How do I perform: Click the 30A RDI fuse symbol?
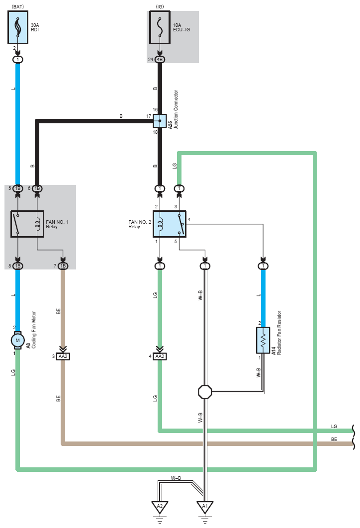[x=18, y=27]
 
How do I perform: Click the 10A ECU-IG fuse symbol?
[x=160, y=27]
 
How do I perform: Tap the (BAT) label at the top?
[x=18, y=7]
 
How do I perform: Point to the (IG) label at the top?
[x=160, y=7]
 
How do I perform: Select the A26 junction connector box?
[x=160, y=121]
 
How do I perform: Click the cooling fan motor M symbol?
[x=17, y=341]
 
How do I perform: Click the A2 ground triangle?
[x=160, y=507]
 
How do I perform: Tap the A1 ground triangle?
[x=205, y=507]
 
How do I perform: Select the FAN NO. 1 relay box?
[x=27, y=224]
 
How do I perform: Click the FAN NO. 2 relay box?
[x=170, y=224]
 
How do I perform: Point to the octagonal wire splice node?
[x=205, y=392]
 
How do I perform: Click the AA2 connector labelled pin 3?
[x=63, y=356]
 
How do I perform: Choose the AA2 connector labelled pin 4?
[x=160, y=356]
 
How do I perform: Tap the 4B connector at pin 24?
[x=160, y=60]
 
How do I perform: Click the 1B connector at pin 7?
[x=63, y=266]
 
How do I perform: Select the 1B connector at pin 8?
[x=18, y=266]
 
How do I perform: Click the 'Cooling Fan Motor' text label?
[x=34, y=330]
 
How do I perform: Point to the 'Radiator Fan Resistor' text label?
[x=279, y=333]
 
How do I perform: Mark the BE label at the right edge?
[x=334, y=439]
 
